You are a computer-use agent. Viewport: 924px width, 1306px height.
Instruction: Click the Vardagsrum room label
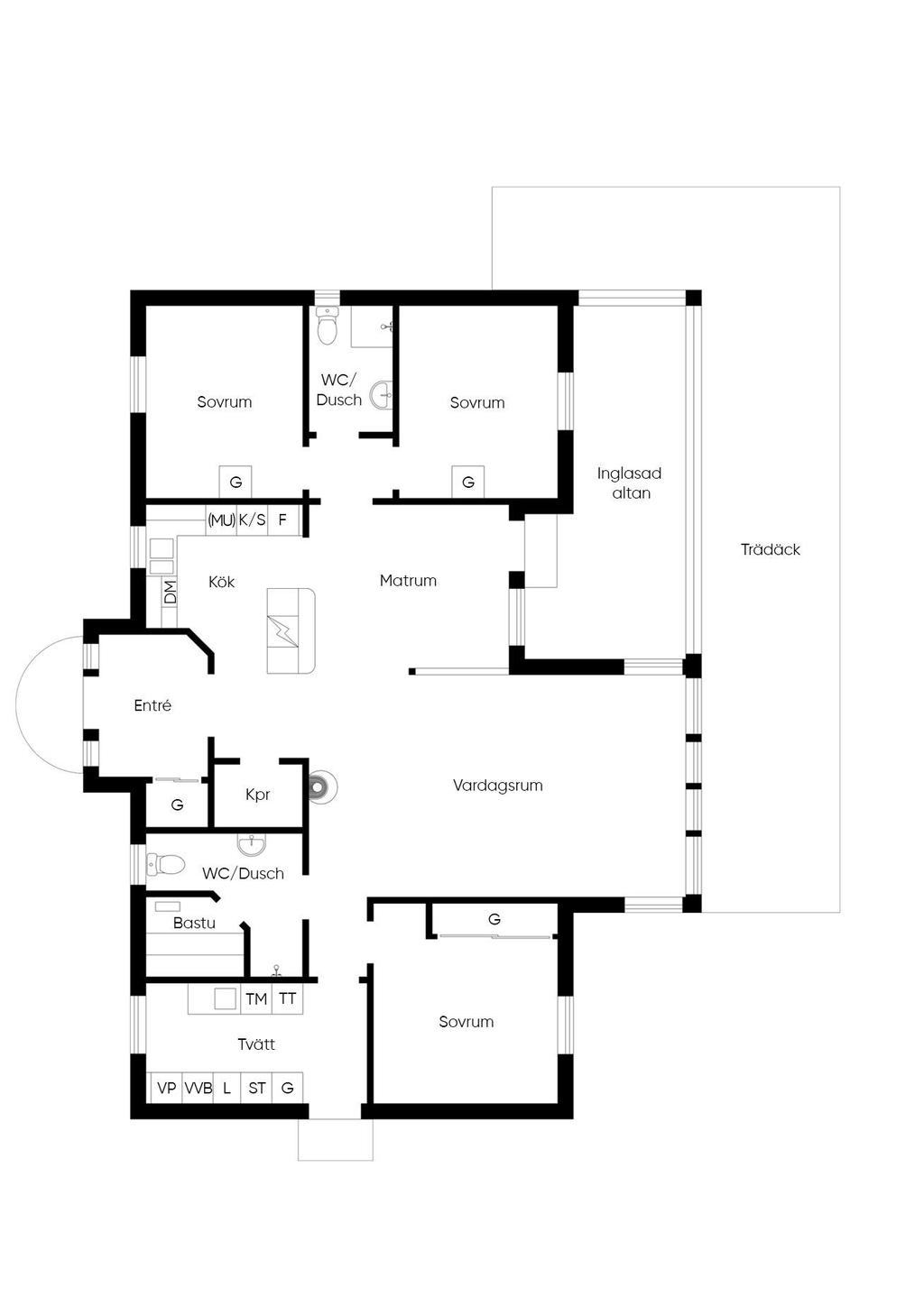497,786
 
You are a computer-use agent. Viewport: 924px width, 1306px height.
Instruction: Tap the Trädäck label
770,549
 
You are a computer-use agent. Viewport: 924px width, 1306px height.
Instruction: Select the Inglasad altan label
630,483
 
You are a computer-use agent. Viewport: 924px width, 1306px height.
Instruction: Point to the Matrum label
408,580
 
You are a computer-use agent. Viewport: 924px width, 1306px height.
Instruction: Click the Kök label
222,581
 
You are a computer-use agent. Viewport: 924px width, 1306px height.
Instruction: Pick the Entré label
152,705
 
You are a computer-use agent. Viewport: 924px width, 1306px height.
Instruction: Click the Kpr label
257,795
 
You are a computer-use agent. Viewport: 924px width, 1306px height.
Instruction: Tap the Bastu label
194,923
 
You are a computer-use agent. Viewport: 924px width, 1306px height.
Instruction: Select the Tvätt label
256,1044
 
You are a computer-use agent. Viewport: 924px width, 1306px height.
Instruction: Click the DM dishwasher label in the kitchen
170,592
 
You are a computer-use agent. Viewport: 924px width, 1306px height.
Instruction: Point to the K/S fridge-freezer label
252,520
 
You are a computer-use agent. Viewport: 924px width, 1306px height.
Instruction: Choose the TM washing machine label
256,998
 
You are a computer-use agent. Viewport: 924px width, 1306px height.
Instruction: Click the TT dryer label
287,998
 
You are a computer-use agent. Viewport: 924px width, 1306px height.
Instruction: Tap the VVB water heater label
199,1088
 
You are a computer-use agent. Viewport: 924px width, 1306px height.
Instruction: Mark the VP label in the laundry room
167,1088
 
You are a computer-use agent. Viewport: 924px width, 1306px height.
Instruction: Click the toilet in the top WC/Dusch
328,326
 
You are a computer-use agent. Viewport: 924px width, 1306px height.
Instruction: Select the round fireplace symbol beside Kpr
319,787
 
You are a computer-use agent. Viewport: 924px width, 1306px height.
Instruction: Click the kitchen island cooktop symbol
282,630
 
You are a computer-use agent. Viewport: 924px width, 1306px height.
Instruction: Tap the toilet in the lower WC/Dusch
165,864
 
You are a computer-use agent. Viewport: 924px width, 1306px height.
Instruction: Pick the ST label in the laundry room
256,1088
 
